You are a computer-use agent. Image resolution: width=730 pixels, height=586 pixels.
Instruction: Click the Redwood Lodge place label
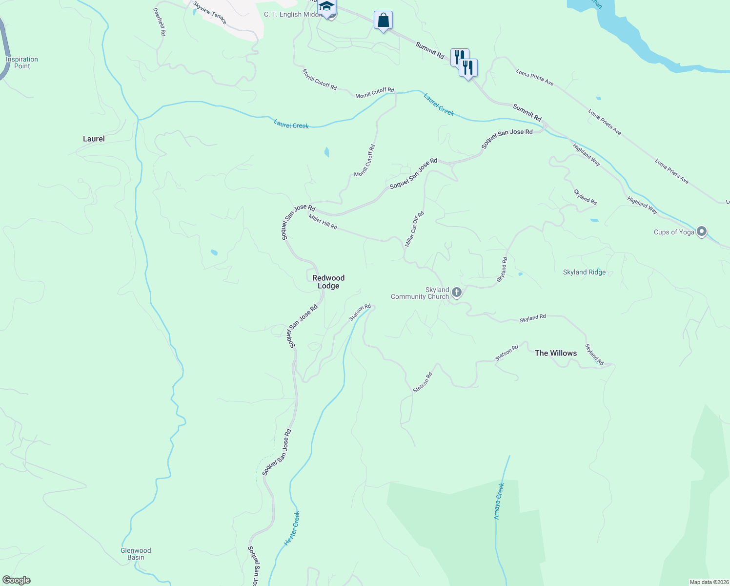[x=328, y=282]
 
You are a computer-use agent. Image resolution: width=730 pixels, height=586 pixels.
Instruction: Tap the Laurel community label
[x=94, y=139]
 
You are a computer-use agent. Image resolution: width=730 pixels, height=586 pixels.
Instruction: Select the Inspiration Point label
[x=22, y=63]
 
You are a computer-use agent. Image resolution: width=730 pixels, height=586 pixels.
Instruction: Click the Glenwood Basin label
[x=136, y=554]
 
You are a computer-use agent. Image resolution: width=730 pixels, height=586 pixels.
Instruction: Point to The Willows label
[x=556, y=353]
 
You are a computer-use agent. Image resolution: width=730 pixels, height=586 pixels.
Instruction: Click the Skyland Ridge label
[x=584, y=272]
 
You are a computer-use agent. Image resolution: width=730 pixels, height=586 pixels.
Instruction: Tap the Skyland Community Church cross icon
[x=457, y=293]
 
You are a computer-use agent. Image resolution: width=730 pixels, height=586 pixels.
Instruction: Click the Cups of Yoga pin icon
[x=702, y=231]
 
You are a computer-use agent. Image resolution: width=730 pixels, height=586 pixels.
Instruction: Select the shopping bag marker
[x=383, y=21]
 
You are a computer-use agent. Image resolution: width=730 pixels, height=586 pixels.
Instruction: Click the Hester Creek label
[x=292, y=528]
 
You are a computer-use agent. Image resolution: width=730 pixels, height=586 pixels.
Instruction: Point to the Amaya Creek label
[x=498, y=501]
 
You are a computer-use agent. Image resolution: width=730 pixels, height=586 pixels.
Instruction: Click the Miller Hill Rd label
[x=323, y=222]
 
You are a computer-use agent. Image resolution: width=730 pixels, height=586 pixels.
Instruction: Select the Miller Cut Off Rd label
[x=414, y=229]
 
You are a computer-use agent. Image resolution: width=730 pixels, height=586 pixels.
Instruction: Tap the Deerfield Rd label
[x=160, y=21]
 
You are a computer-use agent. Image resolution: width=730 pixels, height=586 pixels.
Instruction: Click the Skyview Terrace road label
[x=210, y=13]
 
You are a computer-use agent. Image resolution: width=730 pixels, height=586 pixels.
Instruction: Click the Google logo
[x=16, y=580]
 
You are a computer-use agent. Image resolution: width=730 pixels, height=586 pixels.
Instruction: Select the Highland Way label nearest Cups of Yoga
[x=642, y=205]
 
